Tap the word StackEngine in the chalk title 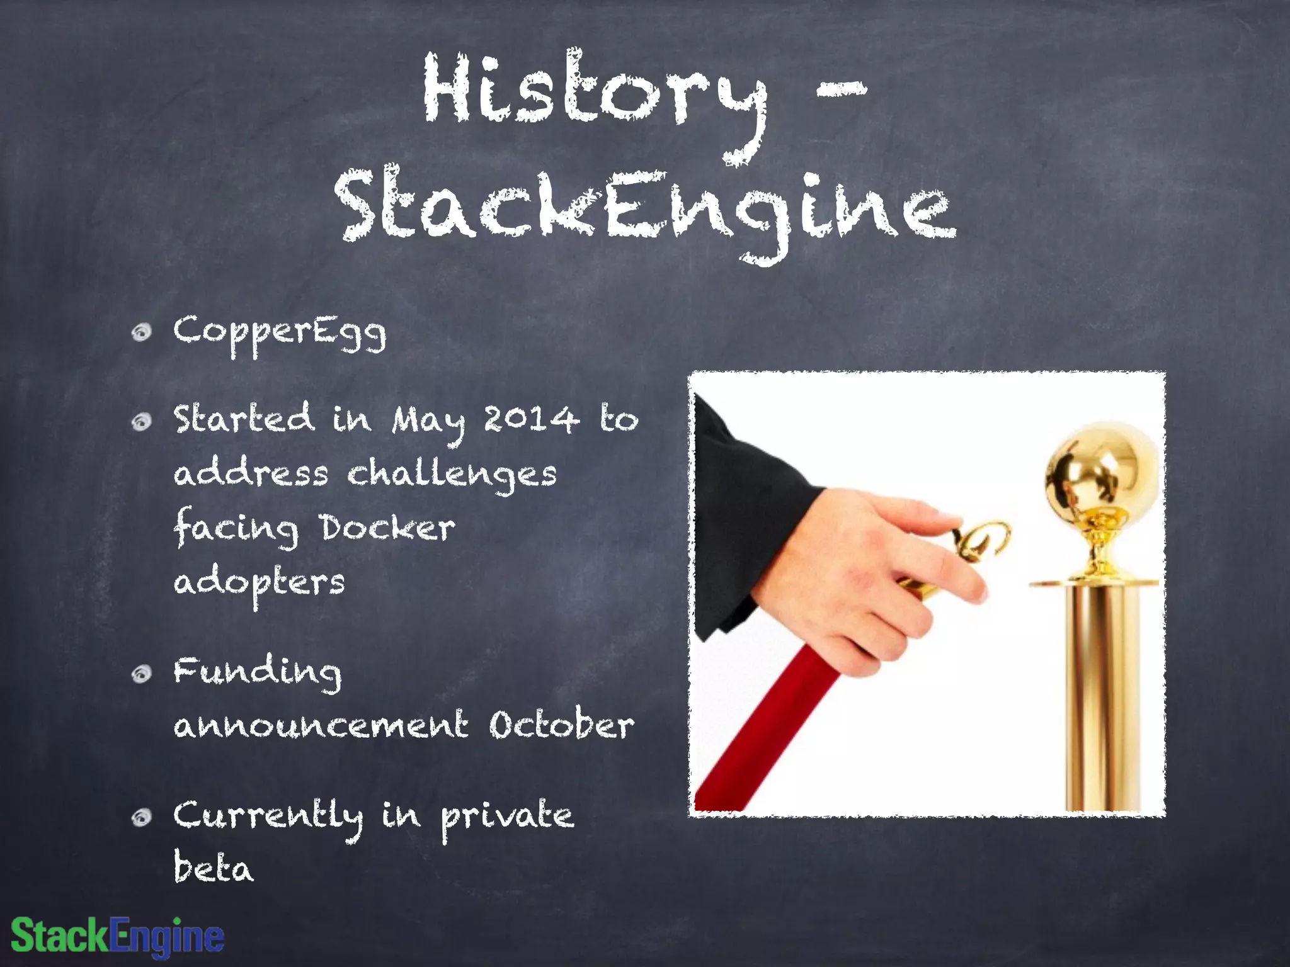[646, 205]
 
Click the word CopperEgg [280, 332]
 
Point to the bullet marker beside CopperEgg [142, 332]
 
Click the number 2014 [531, 419]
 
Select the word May [428, 422]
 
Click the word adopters [260, 583]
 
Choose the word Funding [258, 672]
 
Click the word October [561, 725]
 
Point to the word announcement [321, 726]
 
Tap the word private [507, 818]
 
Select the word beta [214, 869]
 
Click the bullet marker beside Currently [142, 817]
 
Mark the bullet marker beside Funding [142, 674]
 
